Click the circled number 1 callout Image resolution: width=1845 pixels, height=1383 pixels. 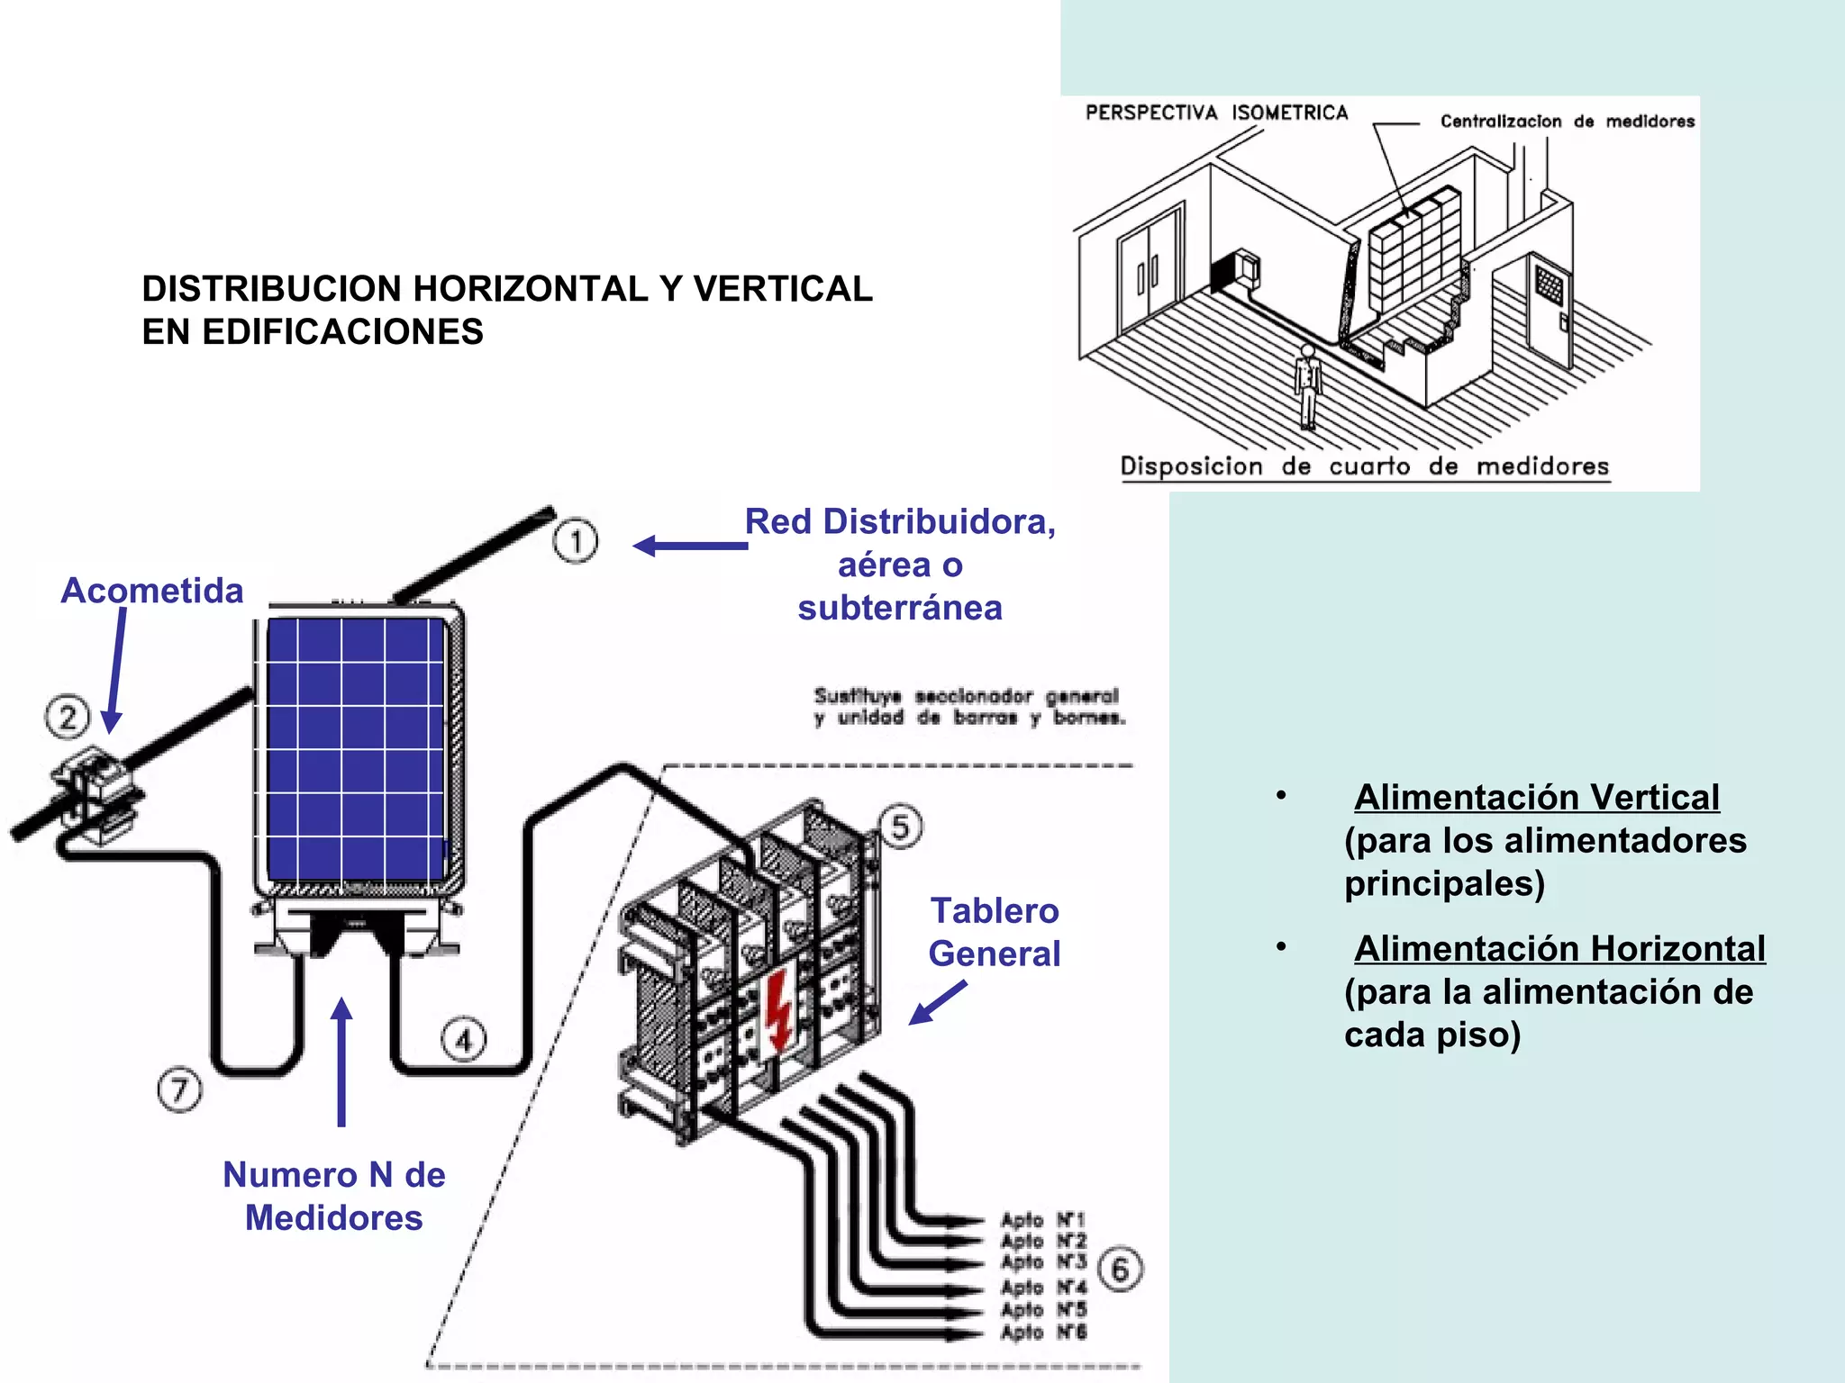point(575,541)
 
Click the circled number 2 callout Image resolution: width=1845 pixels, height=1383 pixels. point(68,717)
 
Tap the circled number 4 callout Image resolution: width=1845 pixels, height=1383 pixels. point(463,1041)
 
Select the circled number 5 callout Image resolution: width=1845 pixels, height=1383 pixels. point(901,827)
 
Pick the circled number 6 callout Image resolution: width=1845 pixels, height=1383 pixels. point(1120,1270)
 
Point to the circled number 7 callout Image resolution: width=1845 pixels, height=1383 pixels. point(179,1089)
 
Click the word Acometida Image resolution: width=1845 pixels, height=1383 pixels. point(152,591)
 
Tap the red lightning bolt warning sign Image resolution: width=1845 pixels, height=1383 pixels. point(777,1008)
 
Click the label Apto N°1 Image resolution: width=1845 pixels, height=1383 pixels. point(1043,1220)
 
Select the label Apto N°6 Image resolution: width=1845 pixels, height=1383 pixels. point(1043,1332)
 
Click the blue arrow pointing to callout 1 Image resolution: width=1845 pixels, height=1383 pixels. point(689,546)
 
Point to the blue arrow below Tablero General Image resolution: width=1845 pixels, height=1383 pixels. point(937,1002)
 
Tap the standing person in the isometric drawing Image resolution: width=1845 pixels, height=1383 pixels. point(1307,385)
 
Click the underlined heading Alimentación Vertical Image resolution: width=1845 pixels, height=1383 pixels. point(1536,797)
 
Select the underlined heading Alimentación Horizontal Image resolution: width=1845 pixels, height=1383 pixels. point(1559,948)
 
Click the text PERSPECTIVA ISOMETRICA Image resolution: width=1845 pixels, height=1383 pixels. point(1216,113)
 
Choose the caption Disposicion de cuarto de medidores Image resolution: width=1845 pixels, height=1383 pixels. point(1364,466)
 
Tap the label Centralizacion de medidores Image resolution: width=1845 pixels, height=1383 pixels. point(1567,122)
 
